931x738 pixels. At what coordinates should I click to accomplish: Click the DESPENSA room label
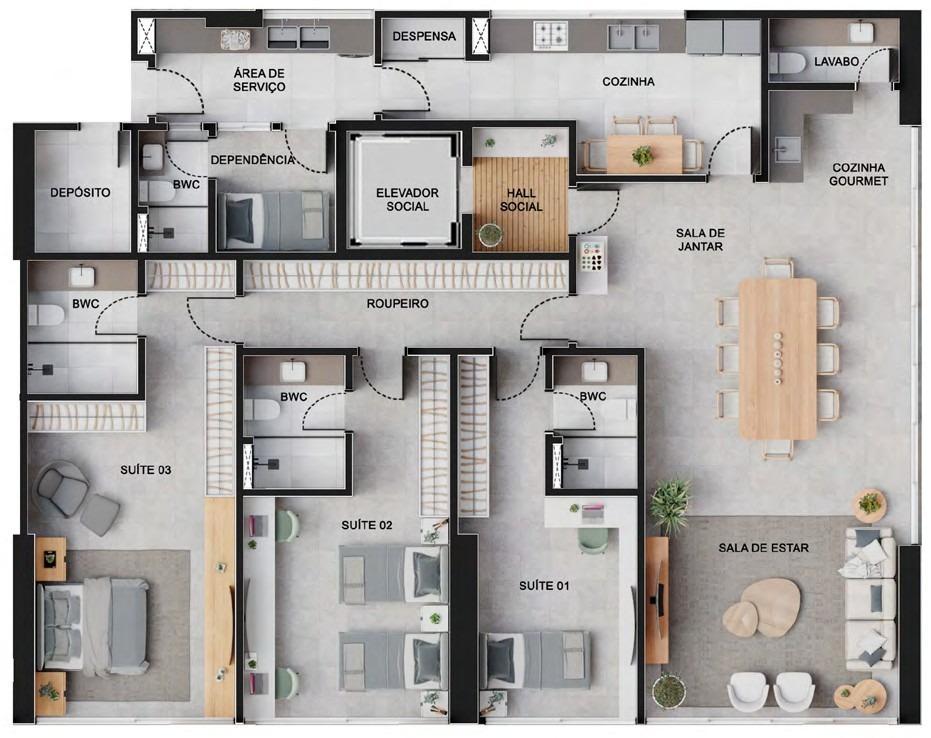pos(424,36)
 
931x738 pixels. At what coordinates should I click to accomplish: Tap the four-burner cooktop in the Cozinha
pos(552,35)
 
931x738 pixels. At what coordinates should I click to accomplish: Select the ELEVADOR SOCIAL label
pos(407,199)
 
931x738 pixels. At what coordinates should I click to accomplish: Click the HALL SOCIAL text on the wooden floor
pos(521,199)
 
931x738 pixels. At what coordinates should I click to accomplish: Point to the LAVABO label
pos(837,61)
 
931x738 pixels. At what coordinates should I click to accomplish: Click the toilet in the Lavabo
pos(787,63)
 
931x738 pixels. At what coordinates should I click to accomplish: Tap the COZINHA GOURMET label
pos(858,174)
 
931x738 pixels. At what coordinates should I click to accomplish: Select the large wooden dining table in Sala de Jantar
pos(778,359)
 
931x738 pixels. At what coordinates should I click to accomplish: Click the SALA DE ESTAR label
pos(764,547)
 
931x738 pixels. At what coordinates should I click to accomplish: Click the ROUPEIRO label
pos(397,303)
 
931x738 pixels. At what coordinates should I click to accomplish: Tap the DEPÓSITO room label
pos(80,192)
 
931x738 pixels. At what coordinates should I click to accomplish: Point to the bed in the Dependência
pos(274,220)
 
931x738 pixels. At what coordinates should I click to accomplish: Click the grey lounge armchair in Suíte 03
pos(62,486)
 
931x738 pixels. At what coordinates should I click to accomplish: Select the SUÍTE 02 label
pos(366,525)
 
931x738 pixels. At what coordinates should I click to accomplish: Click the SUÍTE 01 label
pos(544,586)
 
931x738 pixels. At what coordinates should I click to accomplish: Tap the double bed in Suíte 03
pos(93,625)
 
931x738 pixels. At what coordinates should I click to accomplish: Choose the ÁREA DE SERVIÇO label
pos(259,80)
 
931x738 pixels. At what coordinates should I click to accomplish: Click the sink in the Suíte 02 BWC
pos(293,370)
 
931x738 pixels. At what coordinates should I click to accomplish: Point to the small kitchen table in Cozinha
pos(644,153)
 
